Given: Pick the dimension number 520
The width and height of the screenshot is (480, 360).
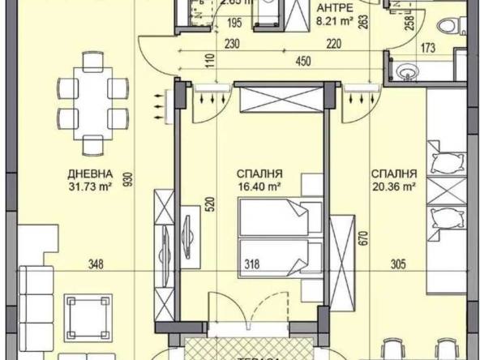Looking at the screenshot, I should click(x=211, y=204).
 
